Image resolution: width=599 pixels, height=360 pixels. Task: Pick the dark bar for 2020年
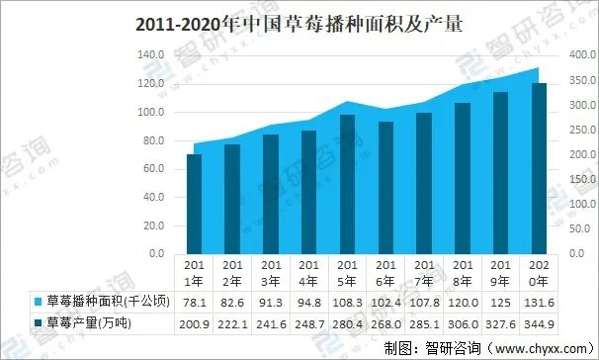click(x=539, y=168)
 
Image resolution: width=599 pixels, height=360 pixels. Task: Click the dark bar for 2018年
click(x=462, y=178)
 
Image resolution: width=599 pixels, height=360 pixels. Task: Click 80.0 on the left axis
click(x=153, y=140)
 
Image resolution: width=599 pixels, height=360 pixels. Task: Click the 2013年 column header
click(x=271, y=272)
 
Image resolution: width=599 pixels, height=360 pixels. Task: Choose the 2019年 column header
click(x=500, y=272)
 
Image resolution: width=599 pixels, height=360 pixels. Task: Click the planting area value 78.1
click(x=194, y=301)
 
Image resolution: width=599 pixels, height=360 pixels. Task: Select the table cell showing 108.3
click(x=347, y=301)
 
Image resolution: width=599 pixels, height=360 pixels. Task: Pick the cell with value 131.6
click(x=539, y=301)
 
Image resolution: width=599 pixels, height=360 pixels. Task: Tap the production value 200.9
click(x=194, y=322)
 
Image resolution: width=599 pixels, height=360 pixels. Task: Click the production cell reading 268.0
click(x=385, y=322)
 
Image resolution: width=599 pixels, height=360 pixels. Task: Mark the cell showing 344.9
click(x=539, y=322)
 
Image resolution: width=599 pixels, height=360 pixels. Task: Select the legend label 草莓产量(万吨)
click(x=89, y=322)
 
